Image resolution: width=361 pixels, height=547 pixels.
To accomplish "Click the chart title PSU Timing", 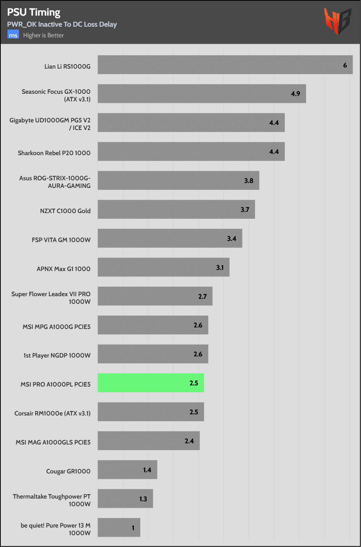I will click(x=34, y=12).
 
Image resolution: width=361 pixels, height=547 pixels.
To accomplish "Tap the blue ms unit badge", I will click(x=13, y=35).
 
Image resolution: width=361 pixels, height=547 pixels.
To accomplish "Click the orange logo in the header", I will click(x=337, y=21).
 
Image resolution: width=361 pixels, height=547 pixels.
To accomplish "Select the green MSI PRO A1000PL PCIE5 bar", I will click(x=151, y=383).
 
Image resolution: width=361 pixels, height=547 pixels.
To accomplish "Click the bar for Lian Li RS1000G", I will click(x=225, y=65).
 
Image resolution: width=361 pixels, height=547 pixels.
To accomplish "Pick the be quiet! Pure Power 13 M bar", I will click(x=119, y=528).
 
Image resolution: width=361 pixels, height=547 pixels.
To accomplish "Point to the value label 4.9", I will click(x=295, y=94).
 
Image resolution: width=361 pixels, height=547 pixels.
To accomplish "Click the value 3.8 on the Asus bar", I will click(x=249, y=181).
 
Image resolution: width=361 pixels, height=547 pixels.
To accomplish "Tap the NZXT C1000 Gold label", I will click(x=65, y=211).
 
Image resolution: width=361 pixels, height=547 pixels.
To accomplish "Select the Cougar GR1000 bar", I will click(x=127, y=470).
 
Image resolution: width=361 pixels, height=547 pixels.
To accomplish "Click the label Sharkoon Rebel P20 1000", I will click(x=54, y=153).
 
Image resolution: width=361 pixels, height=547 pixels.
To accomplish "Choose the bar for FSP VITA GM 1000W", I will click(x=170, y=238).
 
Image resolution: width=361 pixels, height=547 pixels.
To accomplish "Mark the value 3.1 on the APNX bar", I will click(x=220, y=268).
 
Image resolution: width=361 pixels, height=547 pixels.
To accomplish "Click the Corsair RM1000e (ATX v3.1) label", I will click(x=53, y=413).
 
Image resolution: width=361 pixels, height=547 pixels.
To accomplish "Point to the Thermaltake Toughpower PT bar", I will click(x=125, y=499).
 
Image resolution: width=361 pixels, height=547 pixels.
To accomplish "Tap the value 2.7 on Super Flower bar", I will click(x=202, y=297).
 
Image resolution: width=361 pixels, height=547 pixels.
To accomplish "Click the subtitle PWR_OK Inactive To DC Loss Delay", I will click(x=62, y=24).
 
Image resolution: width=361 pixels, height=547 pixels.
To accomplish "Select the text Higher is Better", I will click(x=43, y=35).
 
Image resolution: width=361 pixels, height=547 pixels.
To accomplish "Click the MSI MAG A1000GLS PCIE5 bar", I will click(x=149, y=441).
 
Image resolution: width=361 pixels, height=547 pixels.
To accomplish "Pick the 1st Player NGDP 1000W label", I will click(x=57, y=355).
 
